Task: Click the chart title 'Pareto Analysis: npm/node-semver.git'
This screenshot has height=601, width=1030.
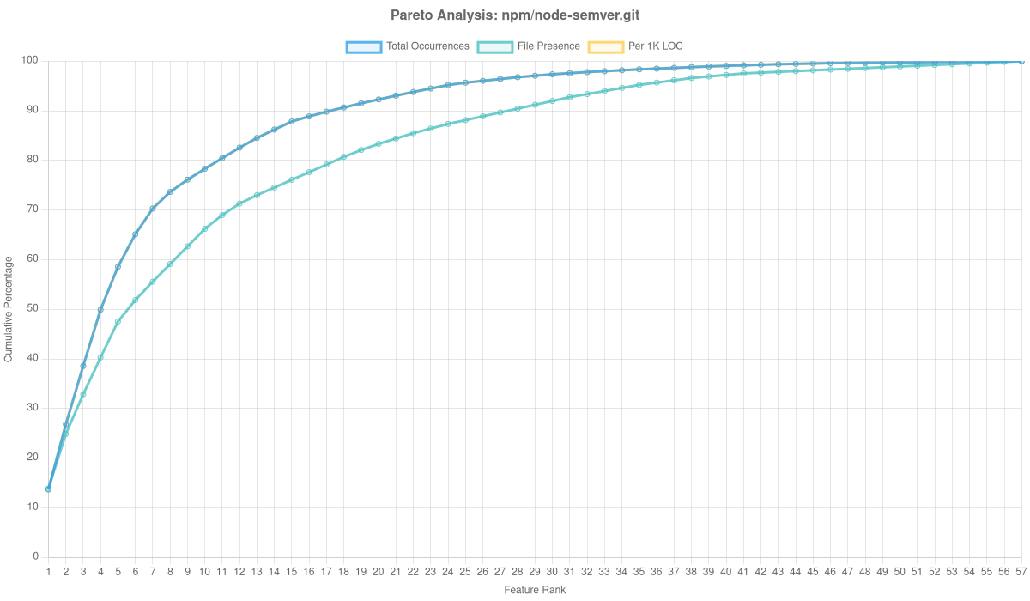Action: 515,15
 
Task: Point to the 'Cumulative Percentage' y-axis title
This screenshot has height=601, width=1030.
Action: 9,308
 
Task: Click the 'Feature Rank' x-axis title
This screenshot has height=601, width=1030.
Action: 535,591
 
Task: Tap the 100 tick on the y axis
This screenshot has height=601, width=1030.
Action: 31,60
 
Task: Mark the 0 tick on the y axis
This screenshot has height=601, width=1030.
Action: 36,556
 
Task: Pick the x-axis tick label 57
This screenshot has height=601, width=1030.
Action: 1021,571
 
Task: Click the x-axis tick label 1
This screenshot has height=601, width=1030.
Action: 48,571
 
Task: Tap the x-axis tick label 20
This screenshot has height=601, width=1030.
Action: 378,571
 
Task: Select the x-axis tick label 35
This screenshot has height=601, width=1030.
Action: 639,571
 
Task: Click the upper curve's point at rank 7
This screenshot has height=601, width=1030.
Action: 153,209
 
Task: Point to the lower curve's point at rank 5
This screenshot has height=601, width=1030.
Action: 118,321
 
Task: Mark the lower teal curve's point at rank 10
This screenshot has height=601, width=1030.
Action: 204,229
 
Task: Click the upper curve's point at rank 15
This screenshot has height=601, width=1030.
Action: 292,121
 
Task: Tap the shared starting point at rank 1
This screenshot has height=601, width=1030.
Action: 48,489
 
